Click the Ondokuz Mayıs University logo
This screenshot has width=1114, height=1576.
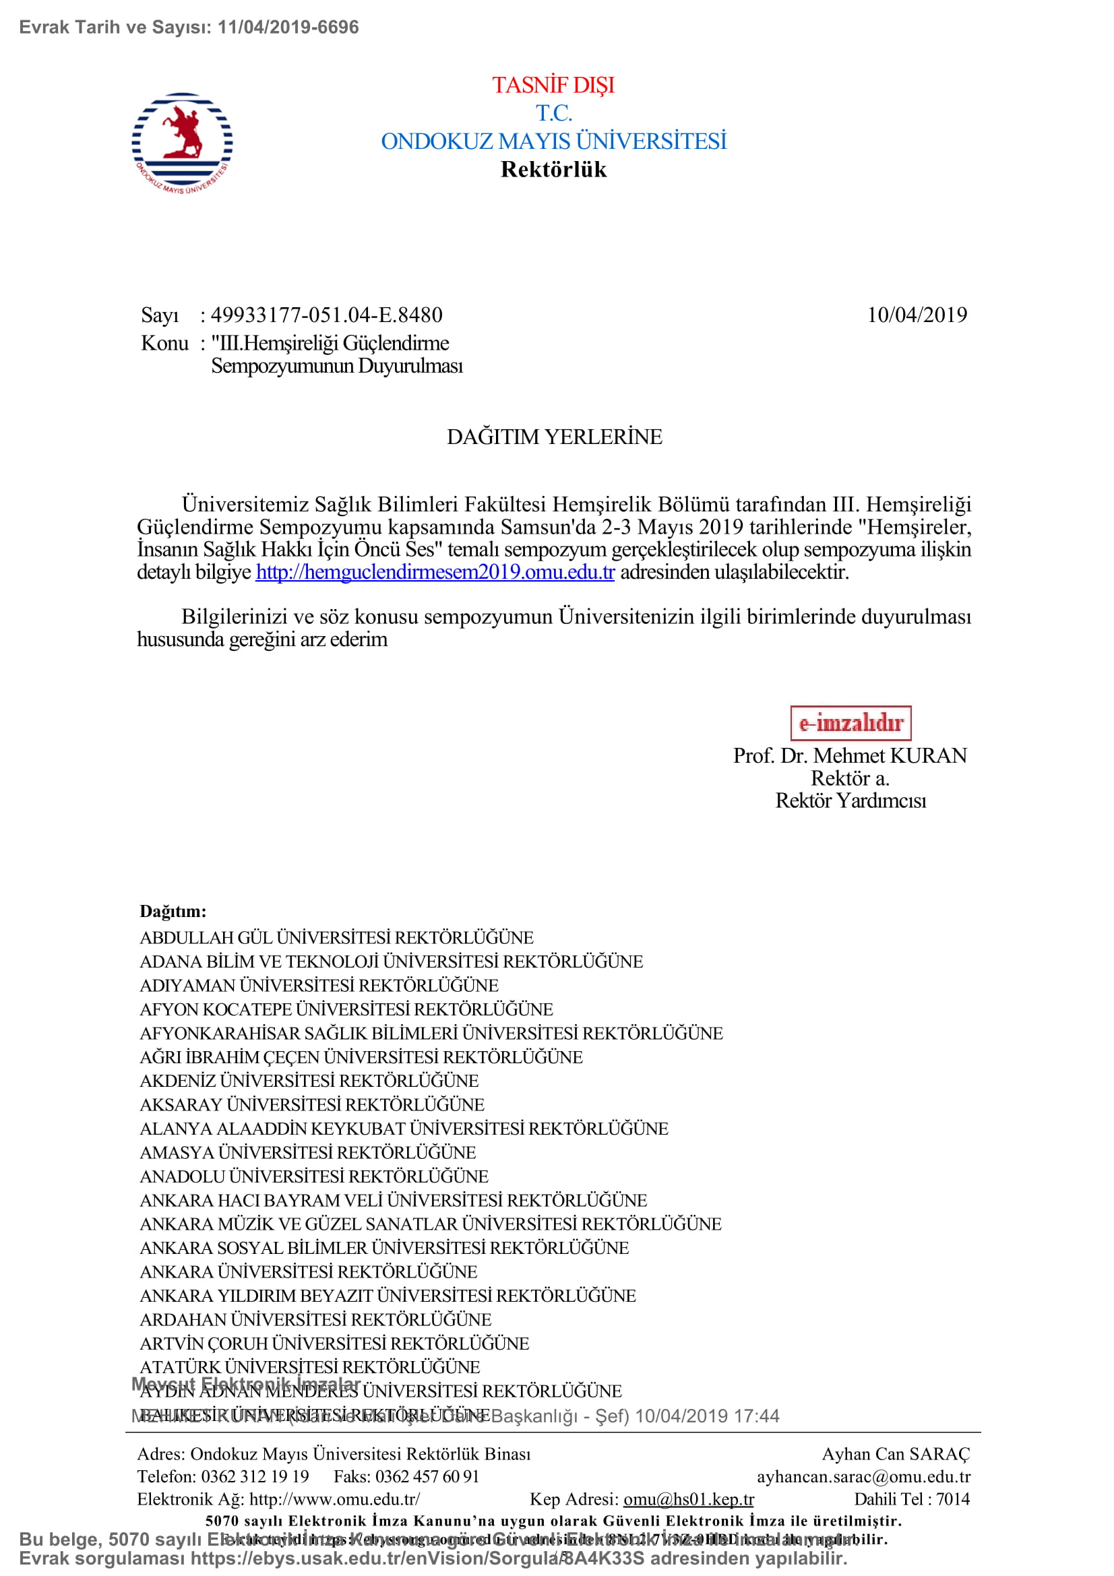click(x=182, y=143)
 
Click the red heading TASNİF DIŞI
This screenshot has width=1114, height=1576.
click(x=553, y=85)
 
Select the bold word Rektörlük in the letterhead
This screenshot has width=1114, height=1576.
click(x=553, y=170)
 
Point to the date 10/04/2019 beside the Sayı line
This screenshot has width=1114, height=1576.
click(x=917, y=315)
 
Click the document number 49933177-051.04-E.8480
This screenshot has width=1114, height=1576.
click(x=326, y=315)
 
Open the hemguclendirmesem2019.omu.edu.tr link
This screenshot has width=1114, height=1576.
click(x=435, y=572)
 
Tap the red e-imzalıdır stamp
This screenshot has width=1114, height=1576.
click(x=850, y=723)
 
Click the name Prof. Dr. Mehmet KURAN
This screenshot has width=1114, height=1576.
click(x=850, y=756)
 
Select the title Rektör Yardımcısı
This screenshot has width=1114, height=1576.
click(x=850, y=801)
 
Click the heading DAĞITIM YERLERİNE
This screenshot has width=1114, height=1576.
click(x=555, y=437)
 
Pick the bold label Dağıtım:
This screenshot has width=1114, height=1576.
click(x=173, y=911)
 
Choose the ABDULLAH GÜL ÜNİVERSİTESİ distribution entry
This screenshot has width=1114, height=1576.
click(x=336, y=938)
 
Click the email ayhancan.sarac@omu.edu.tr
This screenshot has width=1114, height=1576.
click(x=863, y=1476)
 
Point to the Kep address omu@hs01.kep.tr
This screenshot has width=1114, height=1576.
click(x=689, y=1499)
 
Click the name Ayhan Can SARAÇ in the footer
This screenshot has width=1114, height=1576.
click(x=896, y=1454)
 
